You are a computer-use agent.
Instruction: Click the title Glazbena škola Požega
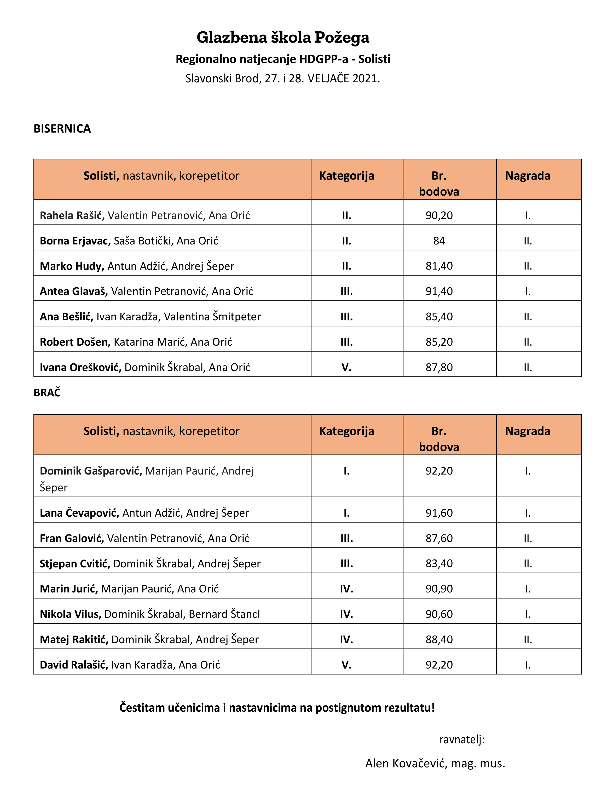pos(283,37)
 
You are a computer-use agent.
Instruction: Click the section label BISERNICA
pos(62,129)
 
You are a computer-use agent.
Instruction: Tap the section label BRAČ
pos(47,393)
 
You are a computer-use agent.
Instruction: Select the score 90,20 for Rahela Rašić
pos(439,215)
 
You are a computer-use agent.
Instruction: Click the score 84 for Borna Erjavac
pos(439,241)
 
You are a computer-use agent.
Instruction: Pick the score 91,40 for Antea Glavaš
pos(439,291)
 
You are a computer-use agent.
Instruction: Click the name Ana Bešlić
pos(66,317)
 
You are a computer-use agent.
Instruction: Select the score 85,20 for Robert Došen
pos(439,342)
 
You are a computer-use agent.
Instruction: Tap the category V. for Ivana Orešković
pos(346,367)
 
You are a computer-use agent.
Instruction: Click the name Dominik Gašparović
pos(91,471)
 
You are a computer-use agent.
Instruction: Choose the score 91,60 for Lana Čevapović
pos(439,513)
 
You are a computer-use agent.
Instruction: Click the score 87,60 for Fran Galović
pos(439,538)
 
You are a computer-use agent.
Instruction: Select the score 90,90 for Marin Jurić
pos(439,589)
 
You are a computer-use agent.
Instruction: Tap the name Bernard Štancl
pos(224,614)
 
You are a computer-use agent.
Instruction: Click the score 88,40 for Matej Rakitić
pos(439,639)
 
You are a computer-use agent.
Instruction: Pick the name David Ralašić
pos(73,665)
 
